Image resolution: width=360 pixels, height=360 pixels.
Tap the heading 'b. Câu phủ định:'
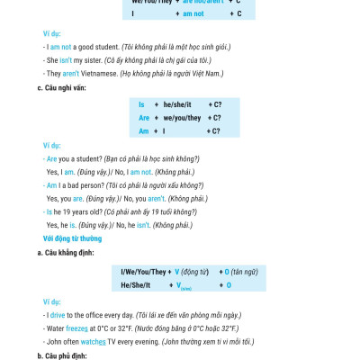click(60, 355)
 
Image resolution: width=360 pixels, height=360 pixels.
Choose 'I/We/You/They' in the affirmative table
click(143, 271)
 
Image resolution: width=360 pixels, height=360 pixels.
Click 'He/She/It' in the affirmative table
click(137, 284)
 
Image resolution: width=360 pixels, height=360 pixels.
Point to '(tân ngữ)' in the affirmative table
click(243, 271)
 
